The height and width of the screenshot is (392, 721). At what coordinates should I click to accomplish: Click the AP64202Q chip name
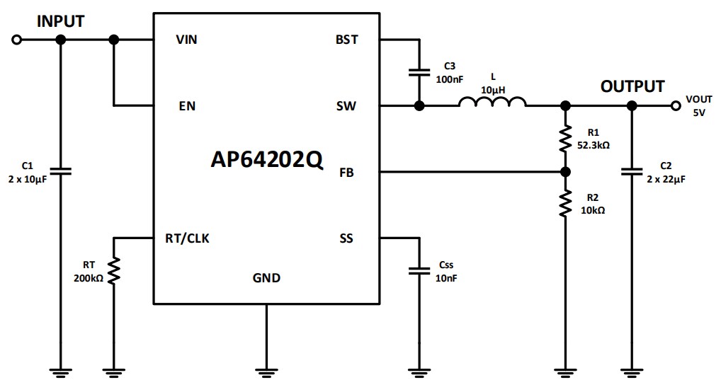tap(267, 160)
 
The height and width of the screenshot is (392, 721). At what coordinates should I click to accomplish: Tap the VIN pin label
tap(186, 40)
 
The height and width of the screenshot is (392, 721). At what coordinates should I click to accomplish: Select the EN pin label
tap(187, 106)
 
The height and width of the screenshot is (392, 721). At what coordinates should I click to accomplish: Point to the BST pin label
tap(347, 40)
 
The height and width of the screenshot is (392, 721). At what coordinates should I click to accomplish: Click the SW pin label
tap(347, 106)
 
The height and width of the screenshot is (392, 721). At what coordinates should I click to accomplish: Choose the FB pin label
tap(348, 172)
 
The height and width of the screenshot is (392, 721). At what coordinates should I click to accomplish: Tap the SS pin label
tap(346, 238)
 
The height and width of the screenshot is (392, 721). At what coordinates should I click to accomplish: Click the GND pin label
tap(266, 277)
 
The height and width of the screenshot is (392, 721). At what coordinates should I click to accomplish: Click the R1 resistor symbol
tap(565, 139)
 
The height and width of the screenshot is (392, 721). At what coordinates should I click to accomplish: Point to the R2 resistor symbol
tap(565, 204)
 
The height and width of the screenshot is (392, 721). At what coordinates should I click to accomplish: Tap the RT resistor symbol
tap(113, 270)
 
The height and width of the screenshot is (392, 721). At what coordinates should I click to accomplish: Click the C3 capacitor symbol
tap(419, 72)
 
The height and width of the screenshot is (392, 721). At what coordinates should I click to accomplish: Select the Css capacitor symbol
tap(419, 270)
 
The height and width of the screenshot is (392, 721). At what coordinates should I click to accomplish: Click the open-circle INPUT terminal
tap(17, 40)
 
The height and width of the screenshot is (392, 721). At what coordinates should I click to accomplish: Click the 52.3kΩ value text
tap(594, 144)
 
